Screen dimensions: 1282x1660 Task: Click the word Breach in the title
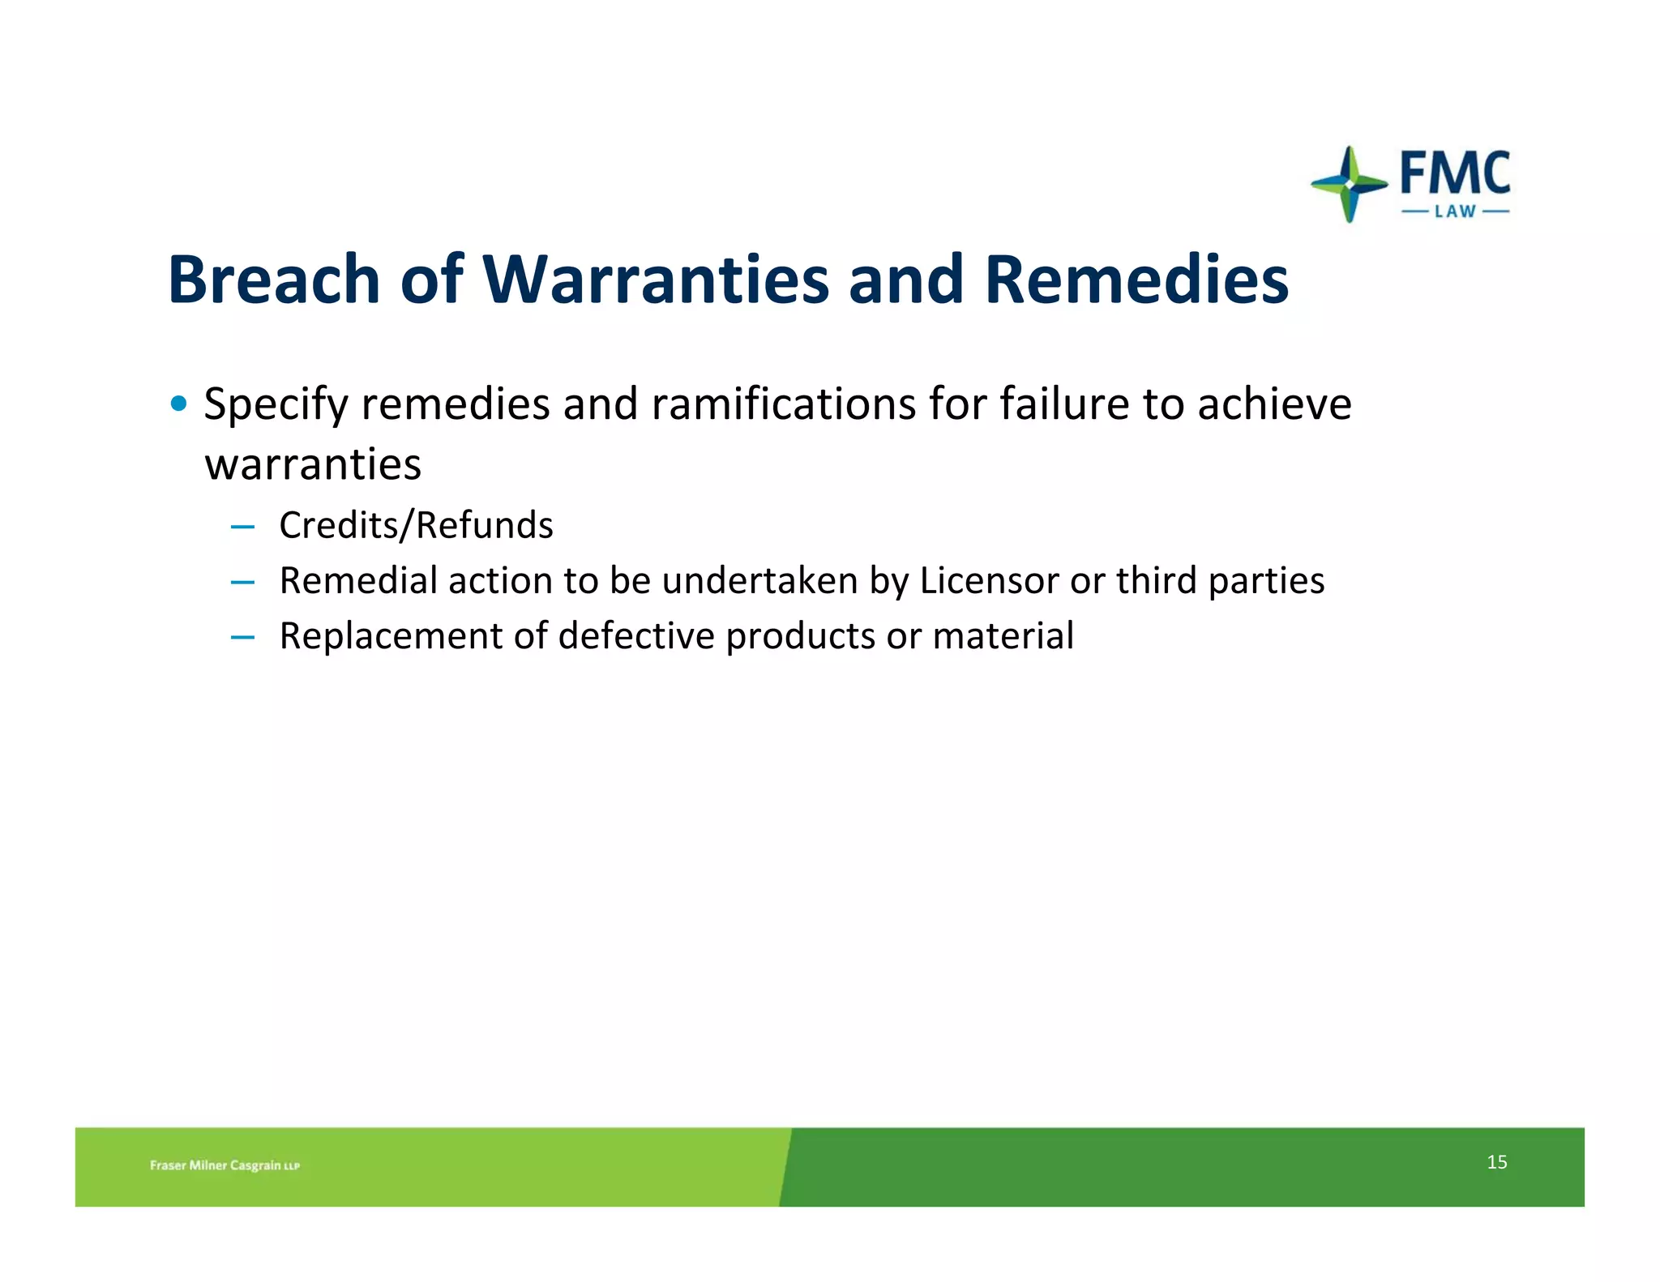click(x=274, y=280)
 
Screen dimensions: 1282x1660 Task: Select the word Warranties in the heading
click(x=656, y=280)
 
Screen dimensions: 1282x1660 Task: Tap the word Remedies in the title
click(x=1136, y=280)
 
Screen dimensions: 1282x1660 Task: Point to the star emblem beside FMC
click(x=1349, y=185)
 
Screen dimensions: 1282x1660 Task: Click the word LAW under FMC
click(x=1455, y=212)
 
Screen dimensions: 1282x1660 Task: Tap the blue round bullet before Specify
click(x=179, y=403)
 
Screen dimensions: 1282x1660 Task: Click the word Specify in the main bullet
click(x=276, y=404)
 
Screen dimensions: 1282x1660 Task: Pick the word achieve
click(x=1274, y=404)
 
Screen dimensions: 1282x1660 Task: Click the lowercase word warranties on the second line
click(x=313, y=465)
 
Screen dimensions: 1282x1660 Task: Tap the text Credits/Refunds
click(x=416, y=525)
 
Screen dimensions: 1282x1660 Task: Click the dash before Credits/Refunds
click(x=242, y=528)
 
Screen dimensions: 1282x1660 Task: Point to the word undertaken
click(x=759, y=581)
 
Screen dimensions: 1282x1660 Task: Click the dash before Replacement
click(x=242, y=638)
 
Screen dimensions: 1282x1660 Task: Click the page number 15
click(x=1496, y=1162)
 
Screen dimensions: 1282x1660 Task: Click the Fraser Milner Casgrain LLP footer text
click(x=225, y=1165)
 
